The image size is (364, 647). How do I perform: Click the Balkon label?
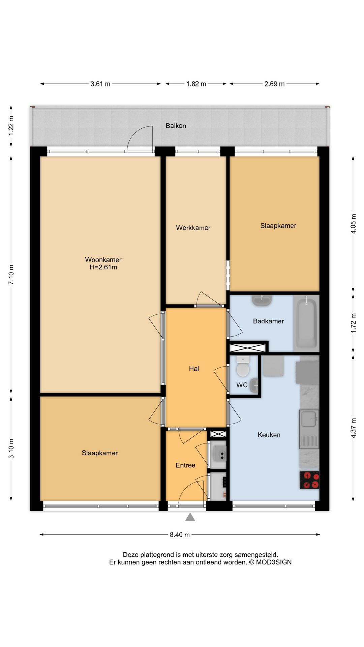tap(176, 126)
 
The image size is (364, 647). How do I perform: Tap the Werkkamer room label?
tap(193, 228)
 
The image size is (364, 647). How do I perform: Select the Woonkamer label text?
tap(103, 259)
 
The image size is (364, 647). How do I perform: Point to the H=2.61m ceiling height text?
tap(103, 267)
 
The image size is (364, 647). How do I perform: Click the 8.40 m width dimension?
tap(180, 534)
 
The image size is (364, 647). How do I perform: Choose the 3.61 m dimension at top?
tap(100, 84)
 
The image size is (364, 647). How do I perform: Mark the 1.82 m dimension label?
tap(196, 84)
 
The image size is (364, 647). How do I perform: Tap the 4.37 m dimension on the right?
tap(353, 428)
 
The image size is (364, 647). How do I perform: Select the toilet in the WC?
tap(243, 366)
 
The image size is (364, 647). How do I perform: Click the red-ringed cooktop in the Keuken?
tap(309, 480)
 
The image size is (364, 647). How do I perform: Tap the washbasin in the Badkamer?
tap(262, 300)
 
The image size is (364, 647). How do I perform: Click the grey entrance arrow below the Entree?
tap(190, 517)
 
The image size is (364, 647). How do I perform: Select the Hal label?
tap(194, 369)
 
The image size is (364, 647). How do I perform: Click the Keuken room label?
tap(269, 435)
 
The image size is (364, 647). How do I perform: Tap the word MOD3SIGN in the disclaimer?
tap(274, 562)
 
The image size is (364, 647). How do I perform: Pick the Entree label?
tap(185, 465)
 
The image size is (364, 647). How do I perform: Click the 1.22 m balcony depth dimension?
tap(11, 126)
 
